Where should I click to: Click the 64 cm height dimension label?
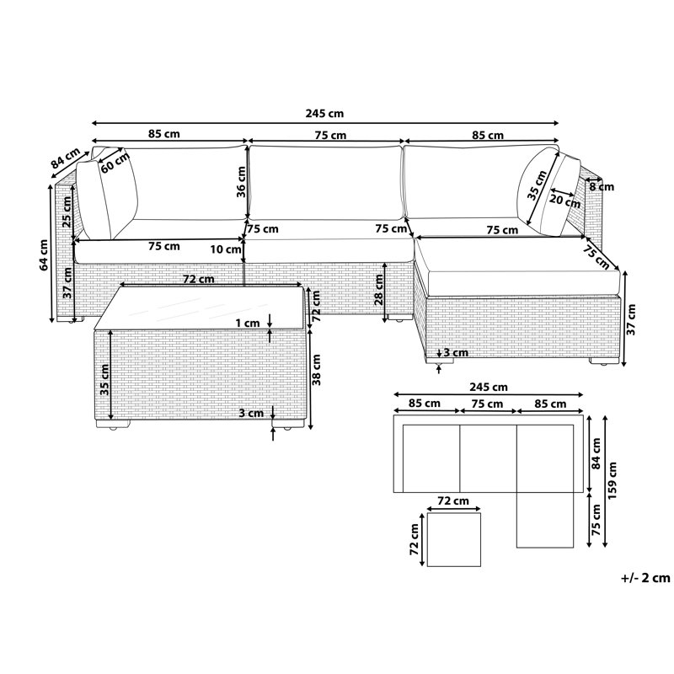[44, 255]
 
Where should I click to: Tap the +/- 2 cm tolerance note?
[645, 577]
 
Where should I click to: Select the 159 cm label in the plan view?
[612, 480]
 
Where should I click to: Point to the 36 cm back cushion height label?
[242, 182]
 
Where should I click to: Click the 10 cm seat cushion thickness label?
[226, 249]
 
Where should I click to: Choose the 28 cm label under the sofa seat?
[378, 290]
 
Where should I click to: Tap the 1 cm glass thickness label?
[248, 323]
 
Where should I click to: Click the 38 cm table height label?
[317, 370]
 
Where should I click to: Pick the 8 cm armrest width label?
[602, 187]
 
